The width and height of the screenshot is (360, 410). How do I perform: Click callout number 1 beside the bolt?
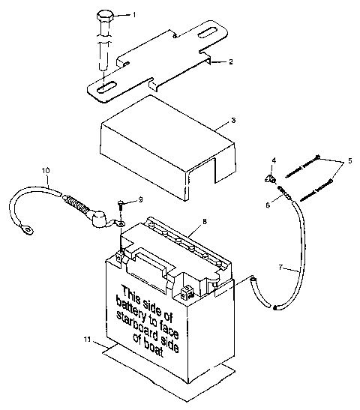tap(134, 15)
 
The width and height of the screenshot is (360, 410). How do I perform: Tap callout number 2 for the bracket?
tap(231, 62)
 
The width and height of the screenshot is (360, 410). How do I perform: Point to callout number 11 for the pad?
tap(88, 340)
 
